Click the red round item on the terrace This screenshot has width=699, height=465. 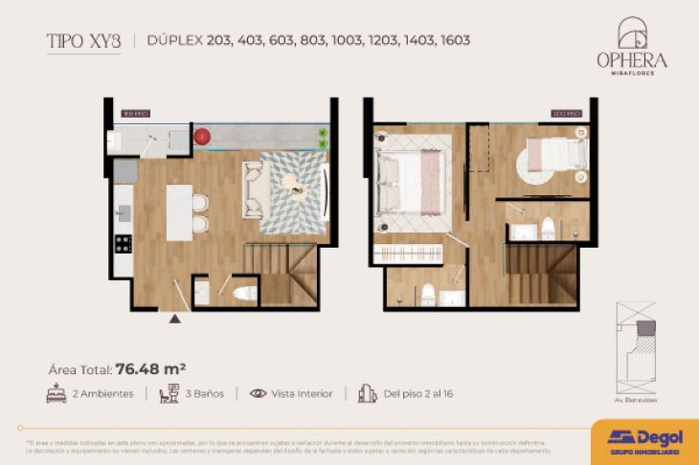pyautogui.click(x=202, y=137)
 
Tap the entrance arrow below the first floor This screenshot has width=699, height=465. pyautogui.click(x=174, y=319)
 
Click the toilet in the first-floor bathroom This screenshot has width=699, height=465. pyautogui.click(x=245, y=293)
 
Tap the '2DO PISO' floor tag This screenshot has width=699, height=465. pyautogui.click(x=565, y=114)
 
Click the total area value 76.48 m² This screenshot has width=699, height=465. pyautogui.click(x=150, y=366)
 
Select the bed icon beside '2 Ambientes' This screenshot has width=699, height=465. pyautogui.click(x=56, y=393)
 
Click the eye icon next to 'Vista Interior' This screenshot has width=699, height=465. pyautogui.click(x=258, y=393)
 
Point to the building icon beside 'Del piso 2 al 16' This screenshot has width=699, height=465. pyautogui.click(x=366, y=393)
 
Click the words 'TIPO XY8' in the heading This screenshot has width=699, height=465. pyautogui.click(x=83, y=40)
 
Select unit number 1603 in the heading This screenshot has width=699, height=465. pyautogui.click(x=454, y=41)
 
